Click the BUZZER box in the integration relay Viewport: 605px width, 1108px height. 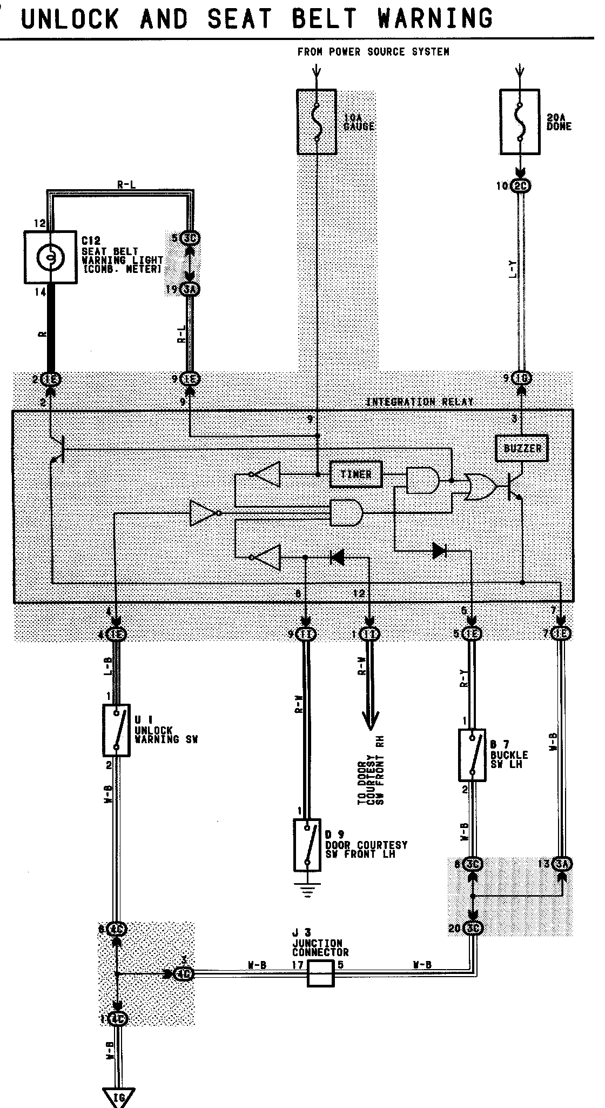pyautogui.click(x=522, y=448)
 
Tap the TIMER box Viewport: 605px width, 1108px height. pyautogui.click(x=356, y=475)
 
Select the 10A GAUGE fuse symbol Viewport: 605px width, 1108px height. pyautogui.click(x=317, y=122)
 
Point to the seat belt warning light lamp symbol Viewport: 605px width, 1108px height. pyautogui.click(x=50, y=257)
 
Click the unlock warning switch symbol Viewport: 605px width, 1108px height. pyautogui.click(x=117, y=730)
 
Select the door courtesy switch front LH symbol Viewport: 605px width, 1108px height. pyautogui.click(x=307, y=845)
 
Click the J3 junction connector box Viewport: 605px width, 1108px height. pyautogui.click(x=321, y=973)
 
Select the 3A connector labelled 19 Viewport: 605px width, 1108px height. pyautogui.click(x=190, y=290)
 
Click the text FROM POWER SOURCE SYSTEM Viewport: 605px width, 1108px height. pyautogui.click(x=373, y=52)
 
